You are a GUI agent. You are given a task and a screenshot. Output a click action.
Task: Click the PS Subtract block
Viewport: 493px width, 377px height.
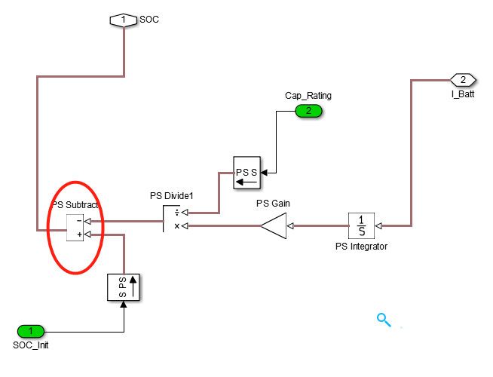(75, 228)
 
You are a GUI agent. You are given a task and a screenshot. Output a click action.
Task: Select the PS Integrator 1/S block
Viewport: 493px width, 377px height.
(361, 225)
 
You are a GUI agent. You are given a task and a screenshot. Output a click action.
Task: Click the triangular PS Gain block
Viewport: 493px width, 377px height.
(274, 225)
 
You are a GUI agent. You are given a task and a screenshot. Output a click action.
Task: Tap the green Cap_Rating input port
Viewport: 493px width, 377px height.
(308, 111)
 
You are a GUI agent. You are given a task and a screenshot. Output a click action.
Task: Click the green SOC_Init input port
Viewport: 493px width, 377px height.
(31, 331)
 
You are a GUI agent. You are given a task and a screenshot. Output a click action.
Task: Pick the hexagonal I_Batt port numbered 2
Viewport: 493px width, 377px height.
(463, 79)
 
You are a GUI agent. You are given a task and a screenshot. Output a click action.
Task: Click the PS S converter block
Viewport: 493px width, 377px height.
(246, 174)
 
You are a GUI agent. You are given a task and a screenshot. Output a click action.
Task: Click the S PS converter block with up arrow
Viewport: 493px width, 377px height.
(124, 286)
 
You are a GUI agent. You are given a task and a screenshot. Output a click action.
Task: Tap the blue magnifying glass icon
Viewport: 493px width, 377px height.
(384, 319)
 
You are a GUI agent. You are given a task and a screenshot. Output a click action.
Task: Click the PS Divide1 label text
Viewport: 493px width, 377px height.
(172, 197)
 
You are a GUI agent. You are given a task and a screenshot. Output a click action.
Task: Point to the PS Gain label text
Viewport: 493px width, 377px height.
(273, 203)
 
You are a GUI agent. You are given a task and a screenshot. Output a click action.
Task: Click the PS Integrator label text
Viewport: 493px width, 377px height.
(361, 246)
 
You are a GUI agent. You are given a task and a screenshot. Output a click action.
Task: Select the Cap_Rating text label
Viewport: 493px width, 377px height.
(308, 96)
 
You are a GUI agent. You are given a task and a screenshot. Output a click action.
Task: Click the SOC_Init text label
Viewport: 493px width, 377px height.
(31, 345)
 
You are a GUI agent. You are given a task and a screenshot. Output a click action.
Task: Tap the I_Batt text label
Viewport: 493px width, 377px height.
(463, 94)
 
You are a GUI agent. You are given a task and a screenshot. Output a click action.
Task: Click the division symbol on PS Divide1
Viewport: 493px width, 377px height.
(176, 213)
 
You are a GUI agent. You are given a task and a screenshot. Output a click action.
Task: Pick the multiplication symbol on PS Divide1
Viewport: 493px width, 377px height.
(176, 225)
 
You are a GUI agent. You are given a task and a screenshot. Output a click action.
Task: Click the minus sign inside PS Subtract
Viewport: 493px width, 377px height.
(78, 222)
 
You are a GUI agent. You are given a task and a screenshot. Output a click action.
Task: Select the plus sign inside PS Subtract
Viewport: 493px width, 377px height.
(78, 234)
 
